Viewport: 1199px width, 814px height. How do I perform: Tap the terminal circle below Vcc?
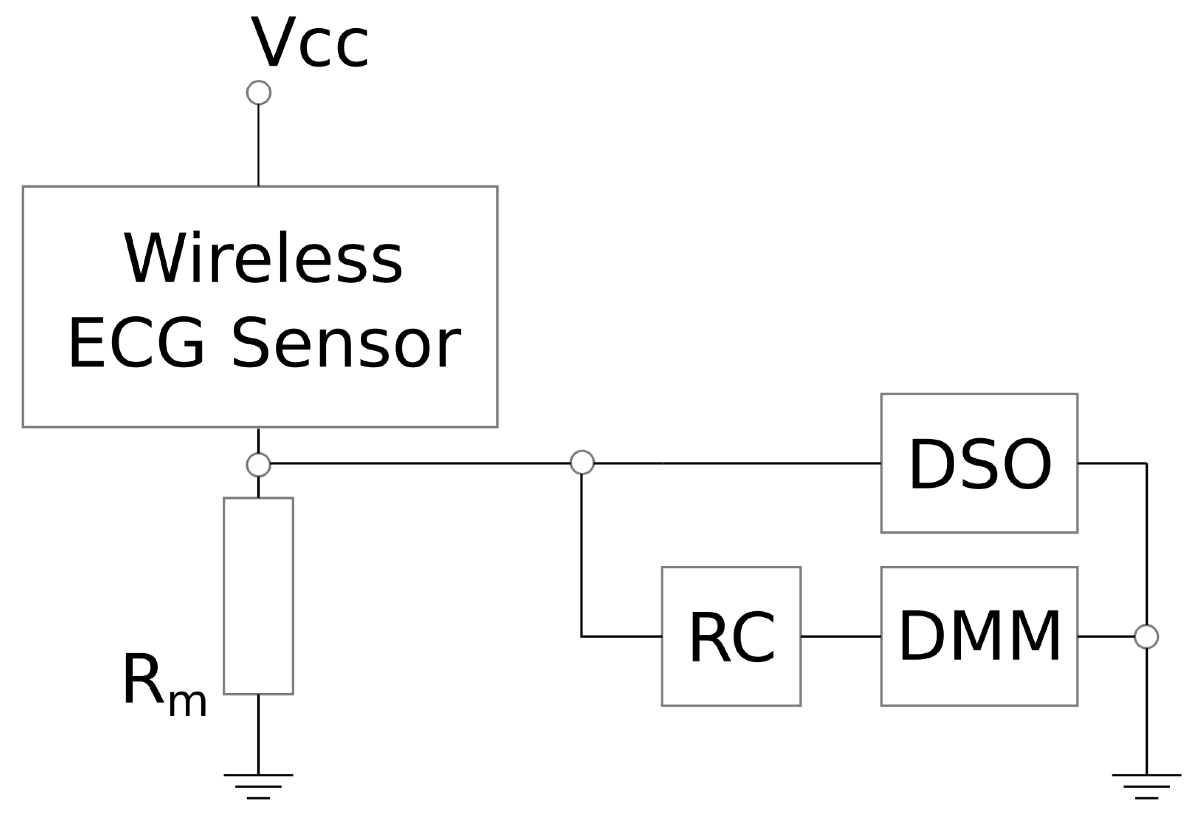[259, 93]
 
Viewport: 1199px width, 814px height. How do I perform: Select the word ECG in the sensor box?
[136, 344]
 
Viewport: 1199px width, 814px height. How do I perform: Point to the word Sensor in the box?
[346, 344]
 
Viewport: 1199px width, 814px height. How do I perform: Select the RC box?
[731, 636]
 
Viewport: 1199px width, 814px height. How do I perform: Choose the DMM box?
[979, 636]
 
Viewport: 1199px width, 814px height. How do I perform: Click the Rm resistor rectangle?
[259, 596]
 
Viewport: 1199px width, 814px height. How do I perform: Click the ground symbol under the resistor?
[259, 786]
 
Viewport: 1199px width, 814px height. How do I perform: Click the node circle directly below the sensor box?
[259, 464]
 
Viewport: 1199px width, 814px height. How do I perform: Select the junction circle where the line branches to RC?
[582, 462]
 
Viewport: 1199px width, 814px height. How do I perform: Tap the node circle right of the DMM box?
[1147, 636]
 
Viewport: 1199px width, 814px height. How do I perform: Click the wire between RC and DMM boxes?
[841, 636]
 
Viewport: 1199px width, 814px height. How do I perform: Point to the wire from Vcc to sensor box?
[259, 145]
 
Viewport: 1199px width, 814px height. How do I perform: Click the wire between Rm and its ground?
[259, 733]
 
